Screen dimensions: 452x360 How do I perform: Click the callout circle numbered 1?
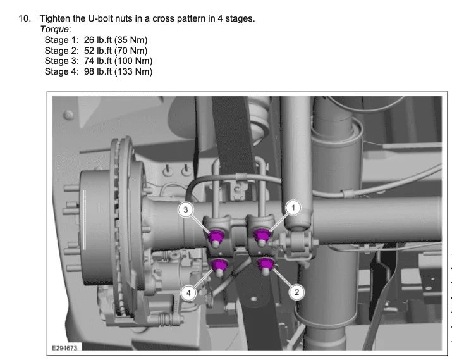point(293,208)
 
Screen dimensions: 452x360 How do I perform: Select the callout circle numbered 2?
point(296,292)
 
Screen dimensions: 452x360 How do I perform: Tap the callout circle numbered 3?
point(186,209)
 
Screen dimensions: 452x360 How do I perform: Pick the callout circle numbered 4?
point(188,293)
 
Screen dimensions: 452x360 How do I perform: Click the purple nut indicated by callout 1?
point(262,235)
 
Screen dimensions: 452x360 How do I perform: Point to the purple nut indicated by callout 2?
point(266,264)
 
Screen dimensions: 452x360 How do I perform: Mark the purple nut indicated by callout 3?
point(216,237)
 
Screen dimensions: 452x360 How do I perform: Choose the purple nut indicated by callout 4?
point(219,264)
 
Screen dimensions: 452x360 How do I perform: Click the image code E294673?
point(64,348)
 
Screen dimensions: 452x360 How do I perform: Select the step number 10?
point(25,18)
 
